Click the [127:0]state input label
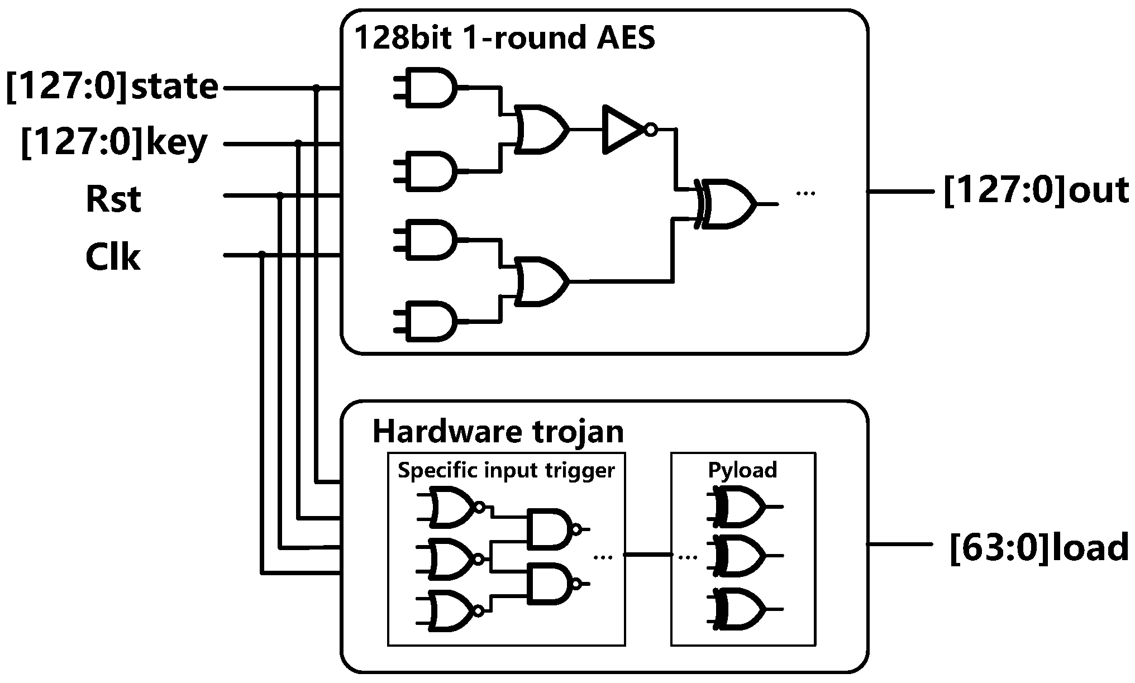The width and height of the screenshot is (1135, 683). point(112,87)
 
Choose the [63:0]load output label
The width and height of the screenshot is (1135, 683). point(1038,547)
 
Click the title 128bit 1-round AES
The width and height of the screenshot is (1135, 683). point(504,38)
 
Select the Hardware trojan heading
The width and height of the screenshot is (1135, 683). point(498,431)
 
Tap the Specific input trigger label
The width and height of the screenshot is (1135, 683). point(506,470)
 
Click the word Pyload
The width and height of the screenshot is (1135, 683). point(742,470)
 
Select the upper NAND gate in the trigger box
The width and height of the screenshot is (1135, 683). point(550,528)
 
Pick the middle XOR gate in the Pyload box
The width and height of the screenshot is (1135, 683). point(740,556)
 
